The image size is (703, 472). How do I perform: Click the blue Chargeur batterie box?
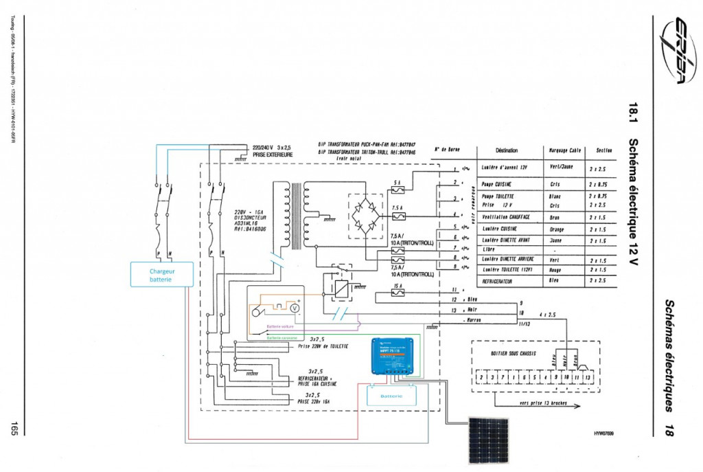click(x=162, y=275)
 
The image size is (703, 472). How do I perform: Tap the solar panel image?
click(x=489, y=440)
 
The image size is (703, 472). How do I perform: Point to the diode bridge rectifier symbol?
click(x=369, y=216)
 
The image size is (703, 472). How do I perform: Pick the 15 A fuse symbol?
click(x=397, y=293)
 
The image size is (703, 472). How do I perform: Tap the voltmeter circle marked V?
click(x=295, y=309)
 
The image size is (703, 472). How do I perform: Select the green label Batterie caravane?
click(x=281, y=337)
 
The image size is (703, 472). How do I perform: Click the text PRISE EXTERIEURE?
click(x=273, y=155)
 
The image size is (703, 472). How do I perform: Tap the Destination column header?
click(x=505, y=150)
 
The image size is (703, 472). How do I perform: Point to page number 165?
click(x=13, y=427)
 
